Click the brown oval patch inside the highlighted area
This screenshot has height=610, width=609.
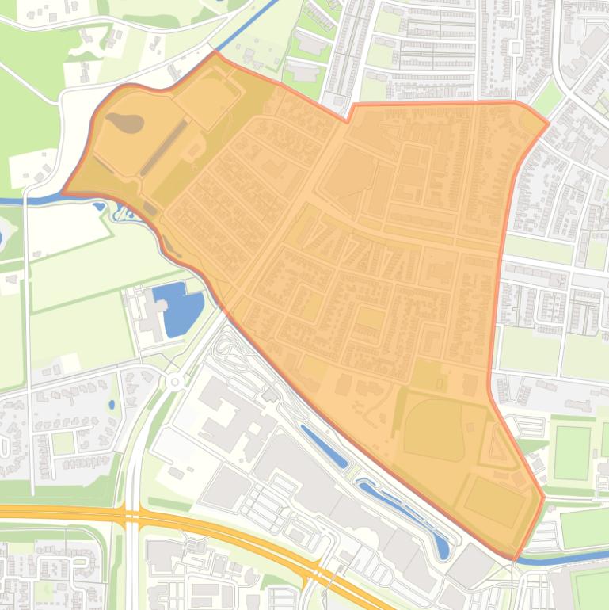[126, 123]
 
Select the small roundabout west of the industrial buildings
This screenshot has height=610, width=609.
[174, 381]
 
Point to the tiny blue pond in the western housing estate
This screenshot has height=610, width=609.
[112, 405]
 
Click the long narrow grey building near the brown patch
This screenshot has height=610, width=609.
[164, 148]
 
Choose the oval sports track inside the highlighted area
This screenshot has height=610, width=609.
[433, 429]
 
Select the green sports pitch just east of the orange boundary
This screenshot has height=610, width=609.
[572, 452]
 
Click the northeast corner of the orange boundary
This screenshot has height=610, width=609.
[547, 124]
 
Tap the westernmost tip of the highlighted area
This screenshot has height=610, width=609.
[63, 193]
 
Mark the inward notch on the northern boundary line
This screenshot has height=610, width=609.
[348, 120]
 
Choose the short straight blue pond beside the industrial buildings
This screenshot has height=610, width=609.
[325, 448]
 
